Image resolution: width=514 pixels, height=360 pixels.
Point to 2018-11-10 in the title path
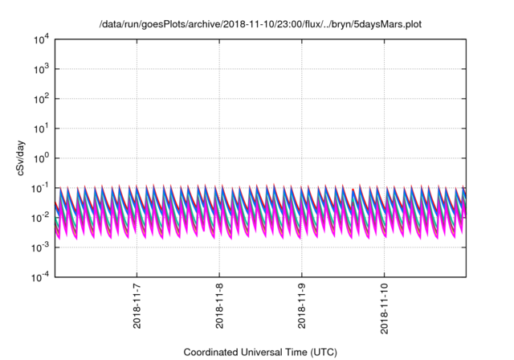243,25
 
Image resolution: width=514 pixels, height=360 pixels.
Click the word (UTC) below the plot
318,352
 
